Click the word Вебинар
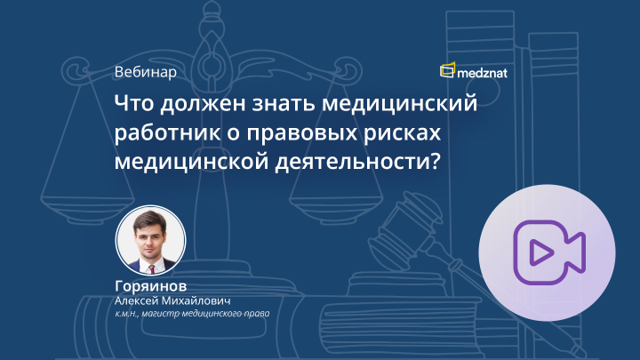coord(145,72)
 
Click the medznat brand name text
coord(491,70)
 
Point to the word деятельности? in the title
coord(380,163)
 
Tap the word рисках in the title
coord(405,133)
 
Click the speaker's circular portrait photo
coord(151,239)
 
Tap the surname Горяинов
coord(151,286)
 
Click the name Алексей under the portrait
coord(140,300)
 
